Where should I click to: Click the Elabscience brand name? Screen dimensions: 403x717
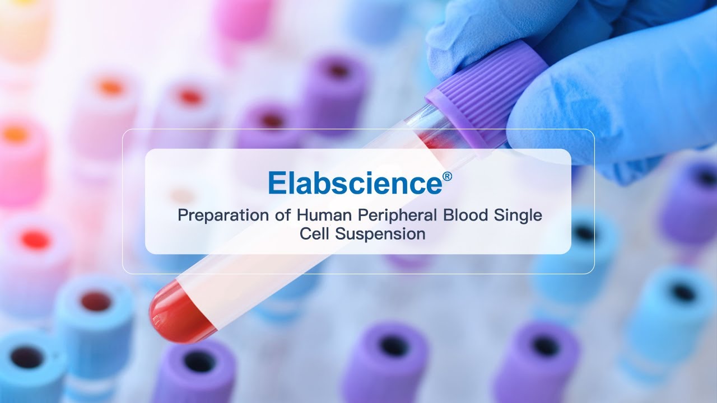pyautogui.click(x=355, y=182)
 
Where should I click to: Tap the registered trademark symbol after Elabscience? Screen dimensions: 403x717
pyautogui.click(x=447, y=177)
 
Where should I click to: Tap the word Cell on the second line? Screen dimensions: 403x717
pyautogui.click(x=315, y=234)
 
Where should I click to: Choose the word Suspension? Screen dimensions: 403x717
pyautogui.click(x=380, y=234)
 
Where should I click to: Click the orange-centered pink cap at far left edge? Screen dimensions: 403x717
pyautogui.click(x=17, y=140)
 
